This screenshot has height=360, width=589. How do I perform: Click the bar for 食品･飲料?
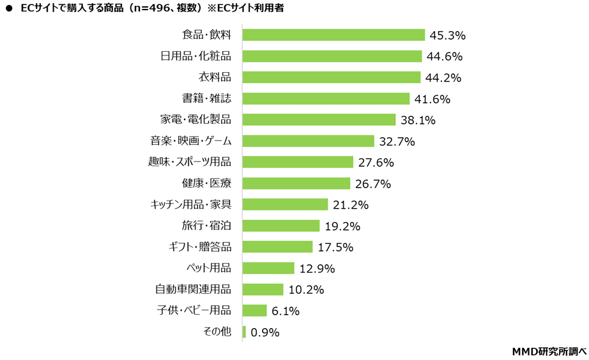coord(333,34)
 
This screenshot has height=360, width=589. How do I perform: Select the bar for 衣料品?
coord(331,77)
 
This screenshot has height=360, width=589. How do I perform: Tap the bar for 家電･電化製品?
coord(319,119)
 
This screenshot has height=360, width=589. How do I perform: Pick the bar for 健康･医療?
coord(296,183)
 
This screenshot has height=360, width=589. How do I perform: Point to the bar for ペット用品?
coord(268,268)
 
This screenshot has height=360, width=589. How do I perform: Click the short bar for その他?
coord(244,332)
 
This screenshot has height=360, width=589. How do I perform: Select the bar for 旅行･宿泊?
coord(280,225)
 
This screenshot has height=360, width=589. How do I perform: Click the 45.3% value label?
coord(448,35)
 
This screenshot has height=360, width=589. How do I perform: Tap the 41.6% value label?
coord(432,99)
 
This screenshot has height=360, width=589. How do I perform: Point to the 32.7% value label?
coord(397,141)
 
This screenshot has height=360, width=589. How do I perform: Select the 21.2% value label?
coord(351,205)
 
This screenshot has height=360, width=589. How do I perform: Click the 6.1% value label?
coord(286,311)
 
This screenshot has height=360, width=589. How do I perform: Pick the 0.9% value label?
coord(265,332)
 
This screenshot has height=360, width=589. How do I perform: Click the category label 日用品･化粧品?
coord(195,56)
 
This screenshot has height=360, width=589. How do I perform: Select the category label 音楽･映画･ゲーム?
coord(190,141)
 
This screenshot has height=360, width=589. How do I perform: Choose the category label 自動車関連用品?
coord(193,289)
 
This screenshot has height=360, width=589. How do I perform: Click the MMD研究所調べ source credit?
coord(549,351)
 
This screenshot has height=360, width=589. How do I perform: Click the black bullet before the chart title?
coord(8,8)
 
